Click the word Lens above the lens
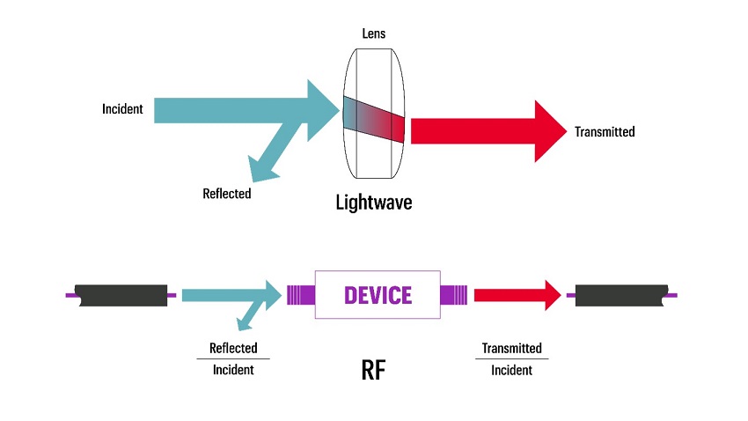point(374,33)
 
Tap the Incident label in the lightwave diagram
point(122,110)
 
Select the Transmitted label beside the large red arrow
point(605,132)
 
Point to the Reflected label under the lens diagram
point(226,193)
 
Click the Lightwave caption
point(374,202)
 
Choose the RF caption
point(374,369)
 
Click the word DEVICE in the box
point(378,294)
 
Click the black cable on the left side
point(121,295)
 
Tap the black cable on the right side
point(620,295)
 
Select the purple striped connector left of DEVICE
point(302,294)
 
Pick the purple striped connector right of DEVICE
point(453,294)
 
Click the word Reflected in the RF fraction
point(233,348)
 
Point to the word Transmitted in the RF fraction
point(511,348)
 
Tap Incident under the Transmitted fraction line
point(511,371)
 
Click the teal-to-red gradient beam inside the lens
point(374,118)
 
